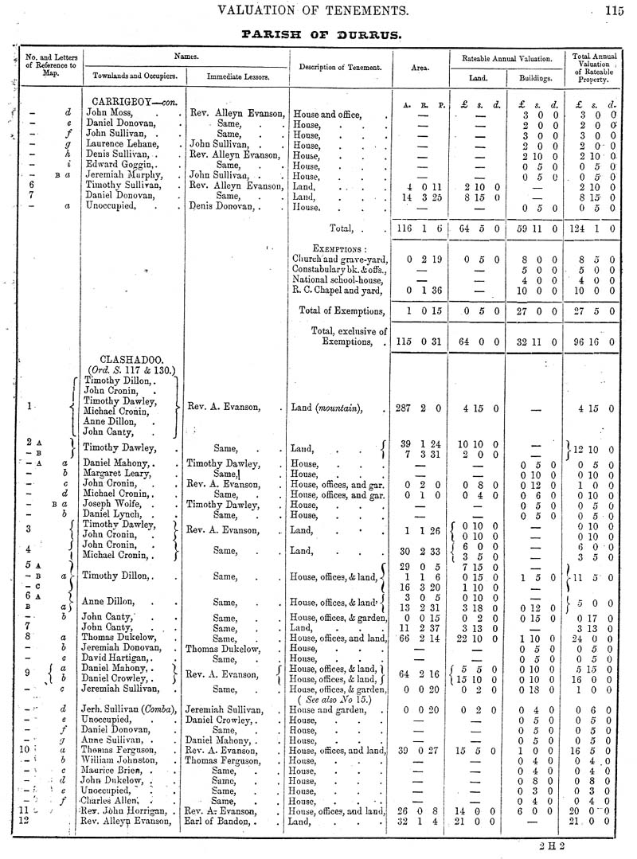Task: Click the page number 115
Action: click(615, 10)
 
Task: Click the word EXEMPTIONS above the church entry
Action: click(339, 248)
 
